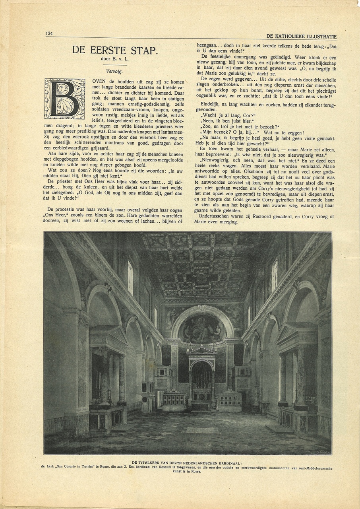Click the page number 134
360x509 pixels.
[x=49, y=33]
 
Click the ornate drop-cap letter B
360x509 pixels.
[x=65, y=99]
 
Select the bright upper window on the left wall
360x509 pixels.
[x=130, y=278]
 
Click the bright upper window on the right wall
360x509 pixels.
[x=275, y=274]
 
